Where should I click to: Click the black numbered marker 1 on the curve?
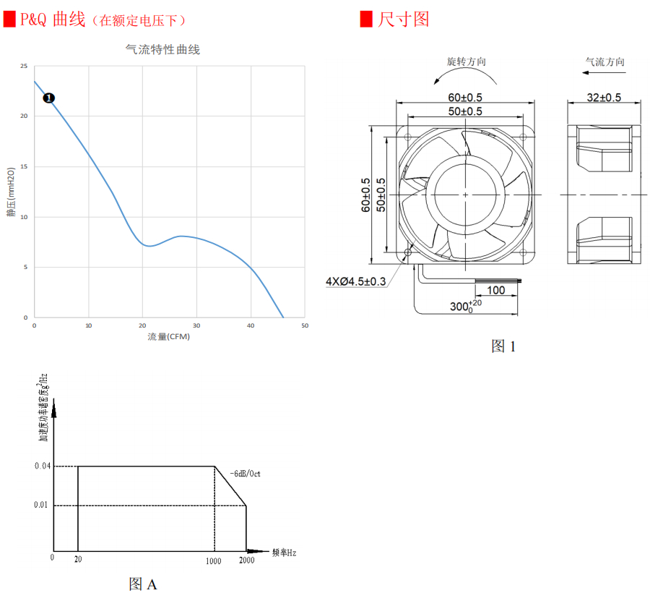[x=49, y=98]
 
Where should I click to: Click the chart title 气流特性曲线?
[x=162, y=50]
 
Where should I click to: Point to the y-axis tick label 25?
[x=24, y=67]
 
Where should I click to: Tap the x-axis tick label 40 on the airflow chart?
[x=251, y=325]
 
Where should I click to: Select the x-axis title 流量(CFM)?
[x=169, y=336]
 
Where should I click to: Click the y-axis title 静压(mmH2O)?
[x=12, y=192]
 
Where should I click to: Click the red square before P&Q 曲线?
[x=9, y=19]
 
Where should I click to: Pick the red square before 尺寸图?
[x=367, y=19]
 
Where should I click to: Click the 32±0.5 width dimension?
[x=604, y=98]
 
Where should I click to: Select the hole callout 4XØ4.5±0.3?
[x=356, y=281]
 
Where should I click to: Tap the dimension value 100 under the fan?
[x=495, y=291]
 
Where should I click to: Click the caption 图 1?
[x=503, y=346]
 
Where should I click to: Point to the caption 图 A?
[x=142, y=584]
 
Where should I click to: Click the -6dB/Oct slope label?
[x=246, y=474]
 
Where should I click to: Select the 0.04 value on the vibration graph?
[x=42, y=466]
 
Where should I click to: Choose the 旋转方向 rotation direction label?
[x=467, y=62]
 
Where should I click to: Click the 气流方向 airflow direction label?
[x=604, y=62]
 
